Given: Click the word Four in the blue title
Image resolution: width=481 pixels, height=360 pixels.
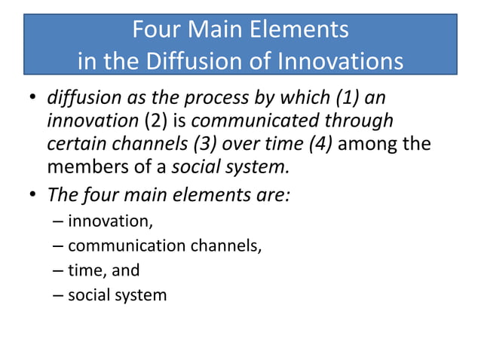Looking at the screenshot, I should [x=155, y=30].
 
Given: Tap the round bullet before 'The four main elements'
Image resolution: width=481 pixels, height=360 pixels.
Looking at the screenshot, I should [x=34, y=195].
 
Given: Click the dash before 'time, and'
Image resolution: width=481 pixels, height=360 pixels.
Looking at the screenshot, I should [x=59, y=270].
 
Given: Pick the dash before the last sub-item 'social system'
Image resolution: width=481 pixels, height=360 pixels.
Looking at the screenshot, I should [x=59, y=294].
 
